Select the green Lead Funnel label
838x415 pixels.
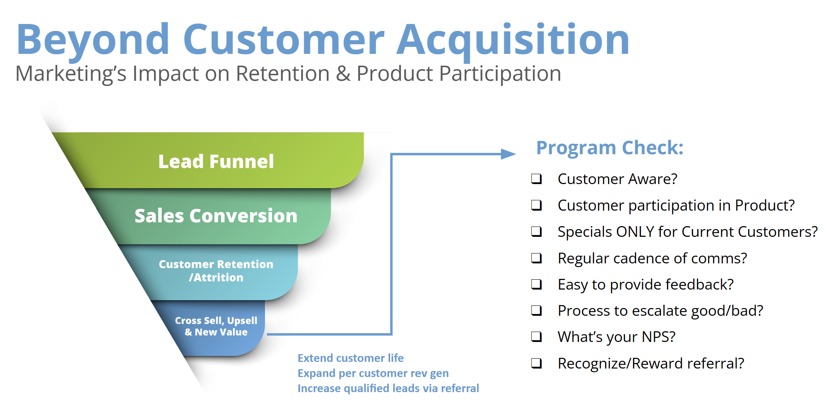[x=216, y=162]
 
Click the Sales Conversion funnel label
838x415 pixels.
[x=216, y=216]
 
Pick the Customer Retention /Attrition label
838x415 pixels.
[x=216, y=271]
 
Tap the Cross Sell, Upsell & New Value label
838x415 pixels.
[x=216, y=326]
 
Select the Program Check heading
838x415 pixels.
[x=610, y=148]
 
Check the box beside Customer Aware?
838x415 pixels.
[x=536, y=179]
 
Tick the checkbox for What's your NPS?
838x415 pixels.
[x=536, y=337]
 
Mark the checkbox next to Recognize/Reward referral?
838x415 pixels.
[x=536, y=363]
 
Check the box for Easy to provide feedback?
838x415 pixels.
[x=536, y=284]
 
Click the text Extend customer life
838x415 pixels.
[x=351, y=358]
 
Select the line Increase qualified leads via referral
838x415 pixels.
[x=388, y=388]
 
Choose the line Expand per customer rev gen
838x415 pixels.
[x=373, y=373]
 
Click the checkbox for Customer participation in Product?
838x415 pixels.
[x=536, y=205]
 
